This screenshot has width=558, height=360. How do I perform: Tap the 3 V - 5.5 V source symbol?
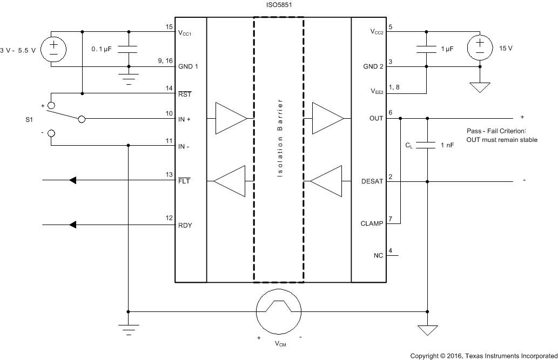(53, 49)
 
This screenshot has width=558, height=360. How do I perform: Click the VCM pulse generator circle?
(278, 311)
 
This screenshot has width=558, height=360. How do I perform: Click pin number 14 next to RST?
(169, 87)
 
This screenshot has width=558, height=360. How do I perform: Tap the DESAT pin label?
(372, 182)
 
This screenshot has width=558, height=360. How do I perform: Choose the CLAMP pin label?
(372, 224)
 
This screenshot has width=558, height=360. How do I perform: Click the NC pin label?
(378, 255)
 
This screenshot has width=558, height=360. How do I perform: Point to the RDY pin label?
(185, 226)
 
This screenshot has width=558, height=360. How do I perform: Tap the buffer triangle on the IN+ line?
(230, 118)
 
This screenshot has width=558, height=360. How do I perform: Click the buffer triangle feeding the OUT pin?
(327, 118)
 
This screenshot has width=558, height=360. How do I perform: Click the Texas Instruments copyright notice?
(483, 356)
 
